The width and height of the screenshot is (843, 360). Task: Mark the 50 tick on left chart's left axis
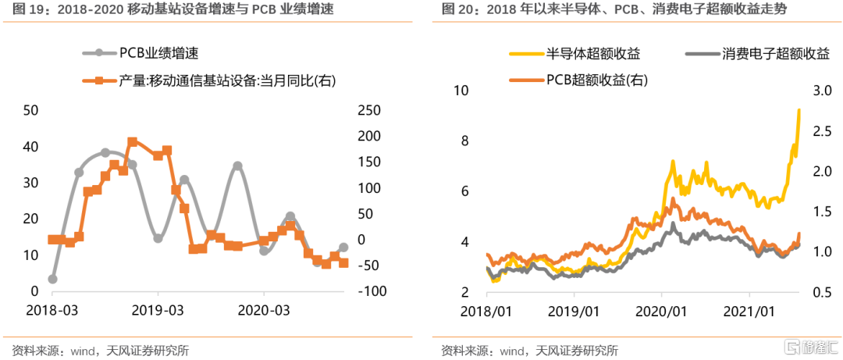32,111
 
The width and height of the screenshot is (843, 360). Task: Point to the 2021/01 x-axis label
749,311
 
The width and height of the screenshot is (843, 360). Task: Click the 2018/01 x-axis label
486,311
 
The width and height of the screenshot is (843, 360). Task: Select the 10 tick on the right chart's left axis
461,91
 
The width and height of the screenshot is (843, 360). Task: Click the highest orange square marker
132,142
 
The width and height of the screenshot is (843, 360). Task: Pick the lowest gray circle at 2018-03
52,279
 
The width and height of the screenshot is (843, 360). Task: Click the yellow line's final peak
799,109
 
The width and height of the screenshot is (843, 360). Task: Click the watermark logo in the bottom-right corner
809,347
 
